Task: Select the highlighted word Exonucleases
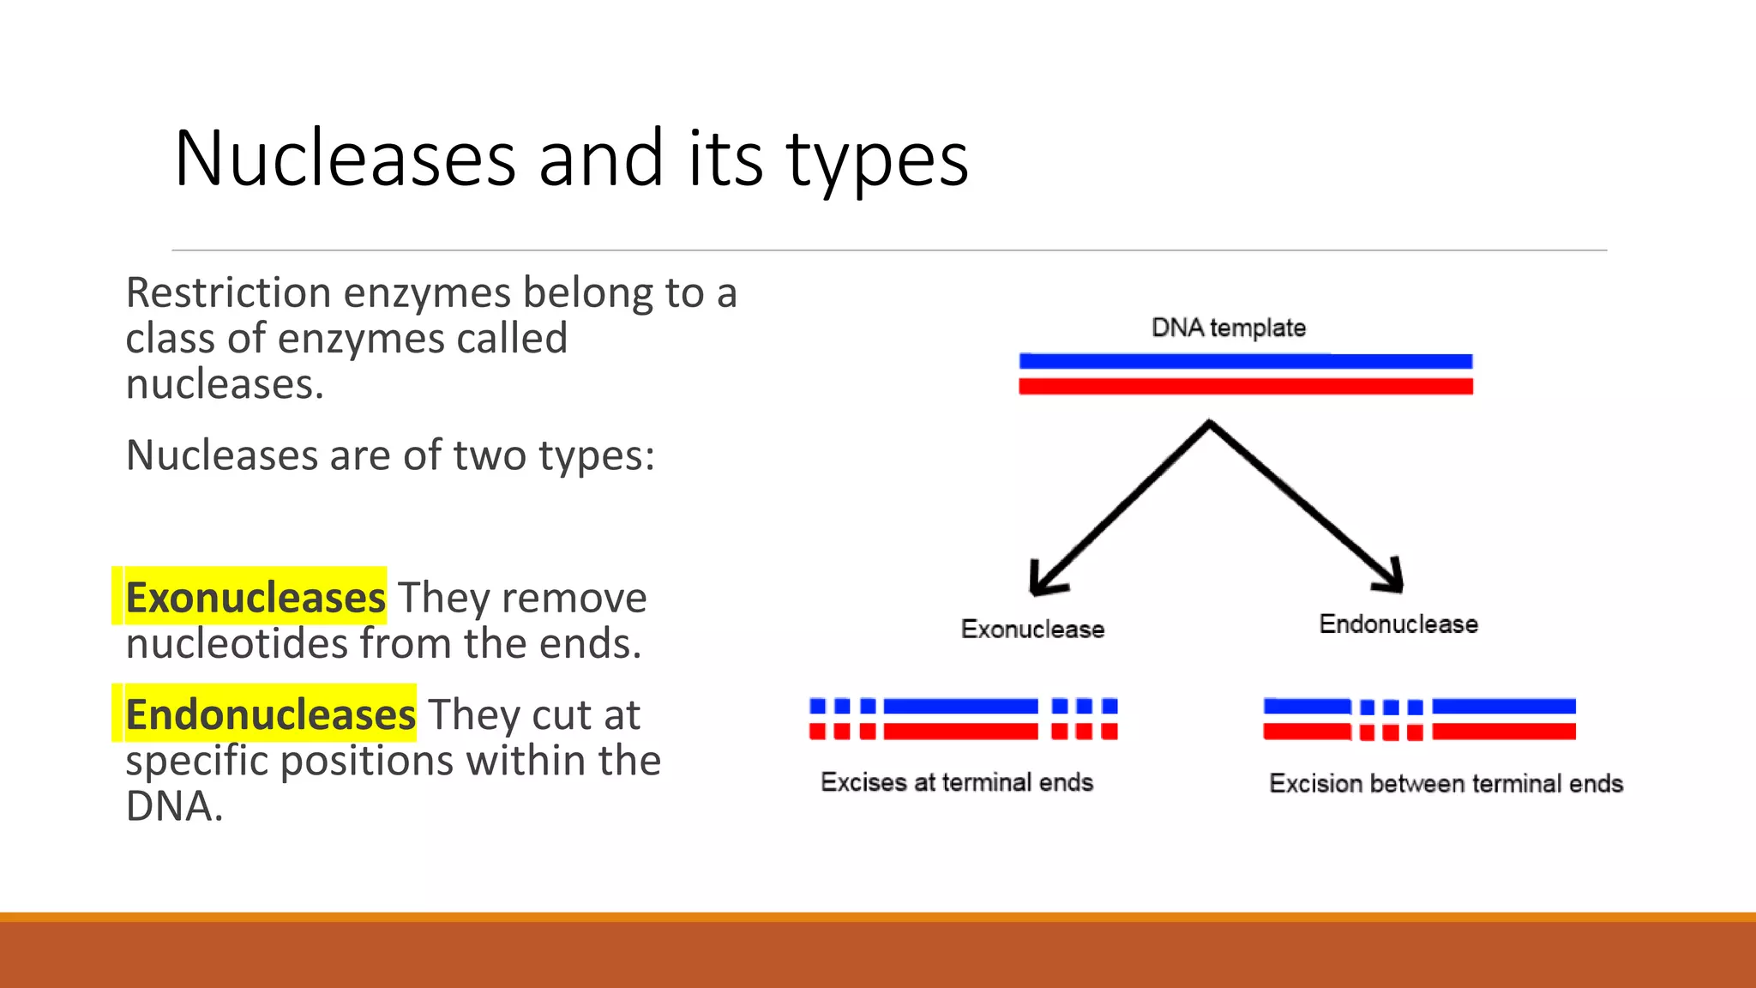pyautogui.click(x=256, y=597)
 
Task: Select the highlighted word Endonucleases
pyautogui.click(x=270, y=714)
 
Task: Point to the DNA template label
pyautogui.click(x=1228, y=328)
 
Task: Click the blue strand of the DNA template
pyautogui.click(x=1245, y=361)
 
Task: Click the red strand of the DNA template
pyautogui.click(x=1245, y=387)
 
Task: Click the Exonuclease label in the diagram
pyautogui.click(x=1032, y=629)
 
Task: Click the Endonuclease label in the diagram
pyautogui.click(x=1398, y=624)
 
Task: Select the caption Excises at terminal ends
pyautogui.click(x=957, y=782)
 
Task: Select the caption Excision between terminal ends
pyautogui.click(x=1446, y=783)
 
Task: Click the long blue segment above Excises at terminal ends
pyautogui.click(x=960, y=706)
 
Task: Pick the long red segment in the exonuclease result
pyautogui.click(x=960, y=732)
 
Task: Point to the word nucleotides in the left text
pyautogui.click(x=237, y=643)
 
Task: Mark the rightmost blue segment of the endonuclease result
pyautogui.click(x=1504, y=707)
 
